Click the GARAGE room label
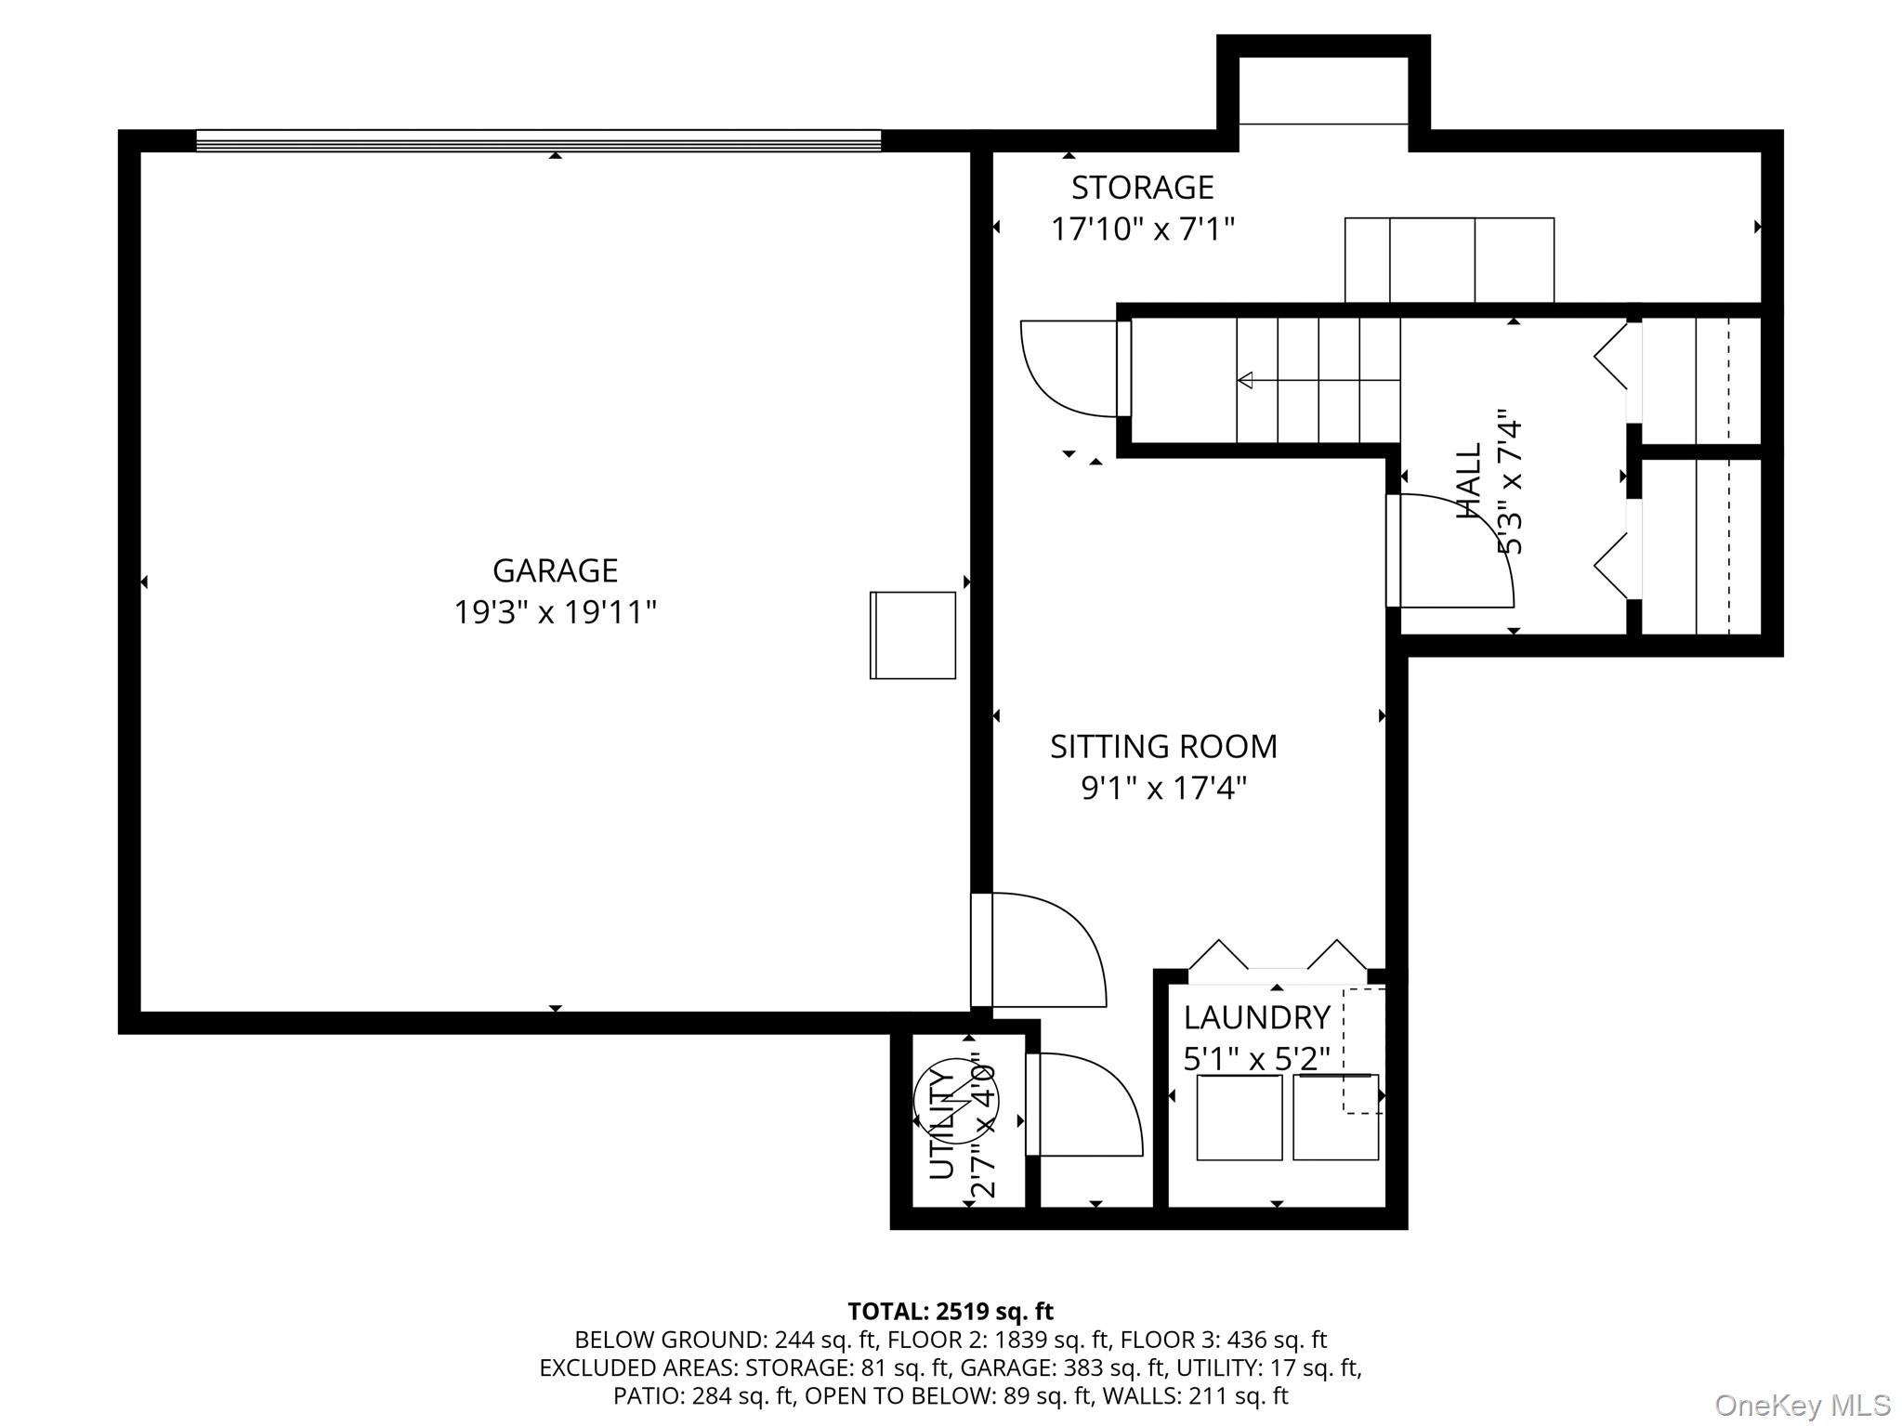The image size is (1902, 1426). (x=555, y=569)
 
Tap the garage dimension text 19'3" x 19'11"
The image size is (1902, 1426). (x=555, y=613)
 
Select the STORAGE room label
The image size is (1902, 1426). (x=1142, y=188)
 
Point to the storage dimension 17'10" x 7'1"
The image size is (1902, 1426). (x=1142, y=229)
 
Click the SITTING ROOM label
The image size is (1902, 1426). (x=1163, y=746)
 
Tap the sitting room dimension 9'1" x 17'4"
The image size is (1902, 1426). (x=1163, y=789)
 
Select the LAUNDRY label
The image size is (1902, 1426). (x=1256, y=1018)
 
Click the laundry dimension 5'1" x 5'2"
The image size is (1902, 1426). (x=1256, y=1059)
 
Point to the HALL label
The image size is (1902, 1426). (x=1469, y=481)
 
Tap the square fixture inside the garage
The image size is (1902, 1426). (x=912, y=635)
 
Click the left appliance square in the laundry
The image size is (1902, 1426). (x=1239, y=1118)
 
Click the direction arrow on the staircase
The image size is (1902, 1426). (x=1246, y=380)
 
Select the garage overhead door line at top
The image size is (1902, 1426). (x=539, y=140)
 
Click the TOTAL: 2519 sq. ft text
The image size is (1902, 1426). (x=950, y=1312)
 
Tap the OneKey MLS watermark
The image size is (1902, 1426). (x=1802, y=1405)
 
